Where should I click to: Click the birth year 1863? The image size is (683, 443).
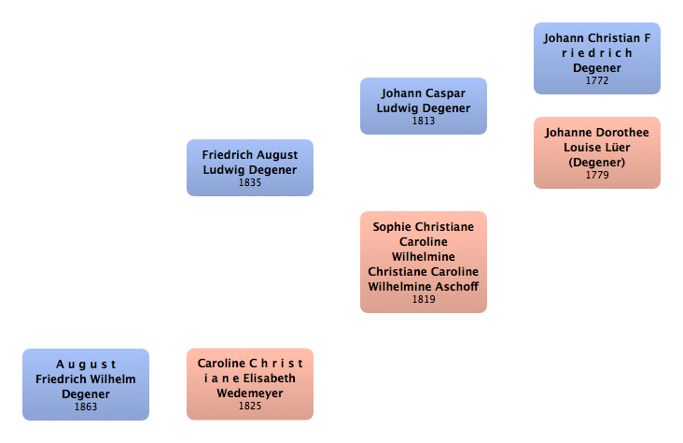(x=86, y=407)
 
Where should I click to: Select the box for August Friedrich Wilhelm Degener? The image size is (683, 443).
(x=86, y=384)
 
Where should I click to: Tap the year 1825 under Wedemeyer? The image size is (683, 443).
(x=249, y=407)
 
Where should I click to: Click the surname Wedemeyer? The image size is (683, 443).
(x=249, y=393)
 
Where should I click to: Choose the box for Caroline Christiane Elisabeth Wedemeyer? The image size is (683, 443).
(x=249, y=384)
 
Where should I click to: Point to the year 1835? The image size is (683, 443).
(x=249, y=182)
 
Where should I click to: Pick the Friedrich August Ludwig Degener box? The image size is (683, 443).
(x=249, y=167)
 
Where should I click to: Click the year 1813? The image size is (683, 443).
(x=424, y=121)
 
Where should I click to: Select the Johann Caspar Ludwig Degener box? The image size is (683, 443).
(x=424, y=106)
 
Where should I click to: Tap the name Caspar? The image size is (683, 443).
(x=446, y=93)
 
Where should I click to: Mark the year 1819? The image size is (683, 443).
(x=424, y=300)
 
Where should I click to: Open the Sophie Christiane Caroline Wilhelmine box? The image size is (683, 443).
(x=424, y=262)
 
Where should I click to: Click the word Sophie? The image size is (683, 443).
(x=392, y=226)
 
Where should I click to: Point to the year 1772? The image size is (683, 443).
(x=597, y=80)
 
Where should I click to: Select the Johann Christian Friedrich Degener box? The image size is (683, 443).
(x=597, y=58)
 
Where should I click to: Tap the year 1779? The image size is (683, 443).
(x=597, y=175)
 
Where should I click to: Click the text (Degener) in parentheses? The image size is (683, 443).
(x=597, y=162)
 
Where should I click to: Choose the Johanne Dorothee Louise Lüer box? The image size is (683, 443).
(x=597, y=152)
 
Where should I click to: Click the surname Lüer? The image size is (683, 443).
(x=619, y=148)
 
